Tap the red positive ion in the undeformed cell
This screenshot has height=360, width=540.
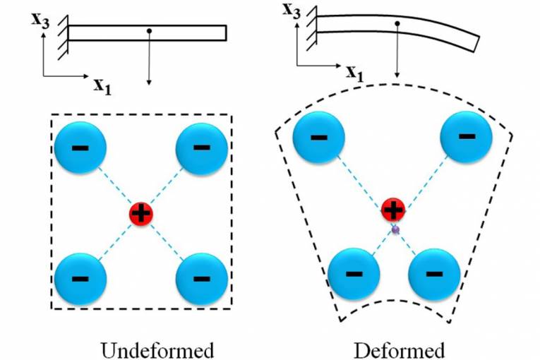(141, 214)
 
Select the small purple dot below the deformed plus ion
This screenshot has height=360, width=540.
(395, 229)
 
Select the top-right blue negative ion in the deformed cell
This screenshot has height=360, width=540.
(466, 134)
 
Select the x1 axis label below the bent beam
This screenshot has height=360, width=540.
(356, 72)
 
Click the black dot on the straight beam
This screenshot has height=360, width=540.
(149, 31)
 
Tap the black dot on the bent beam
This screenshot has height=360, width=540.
(398, 23)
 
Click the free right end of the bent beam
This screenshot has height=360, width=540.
(474, 43)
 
